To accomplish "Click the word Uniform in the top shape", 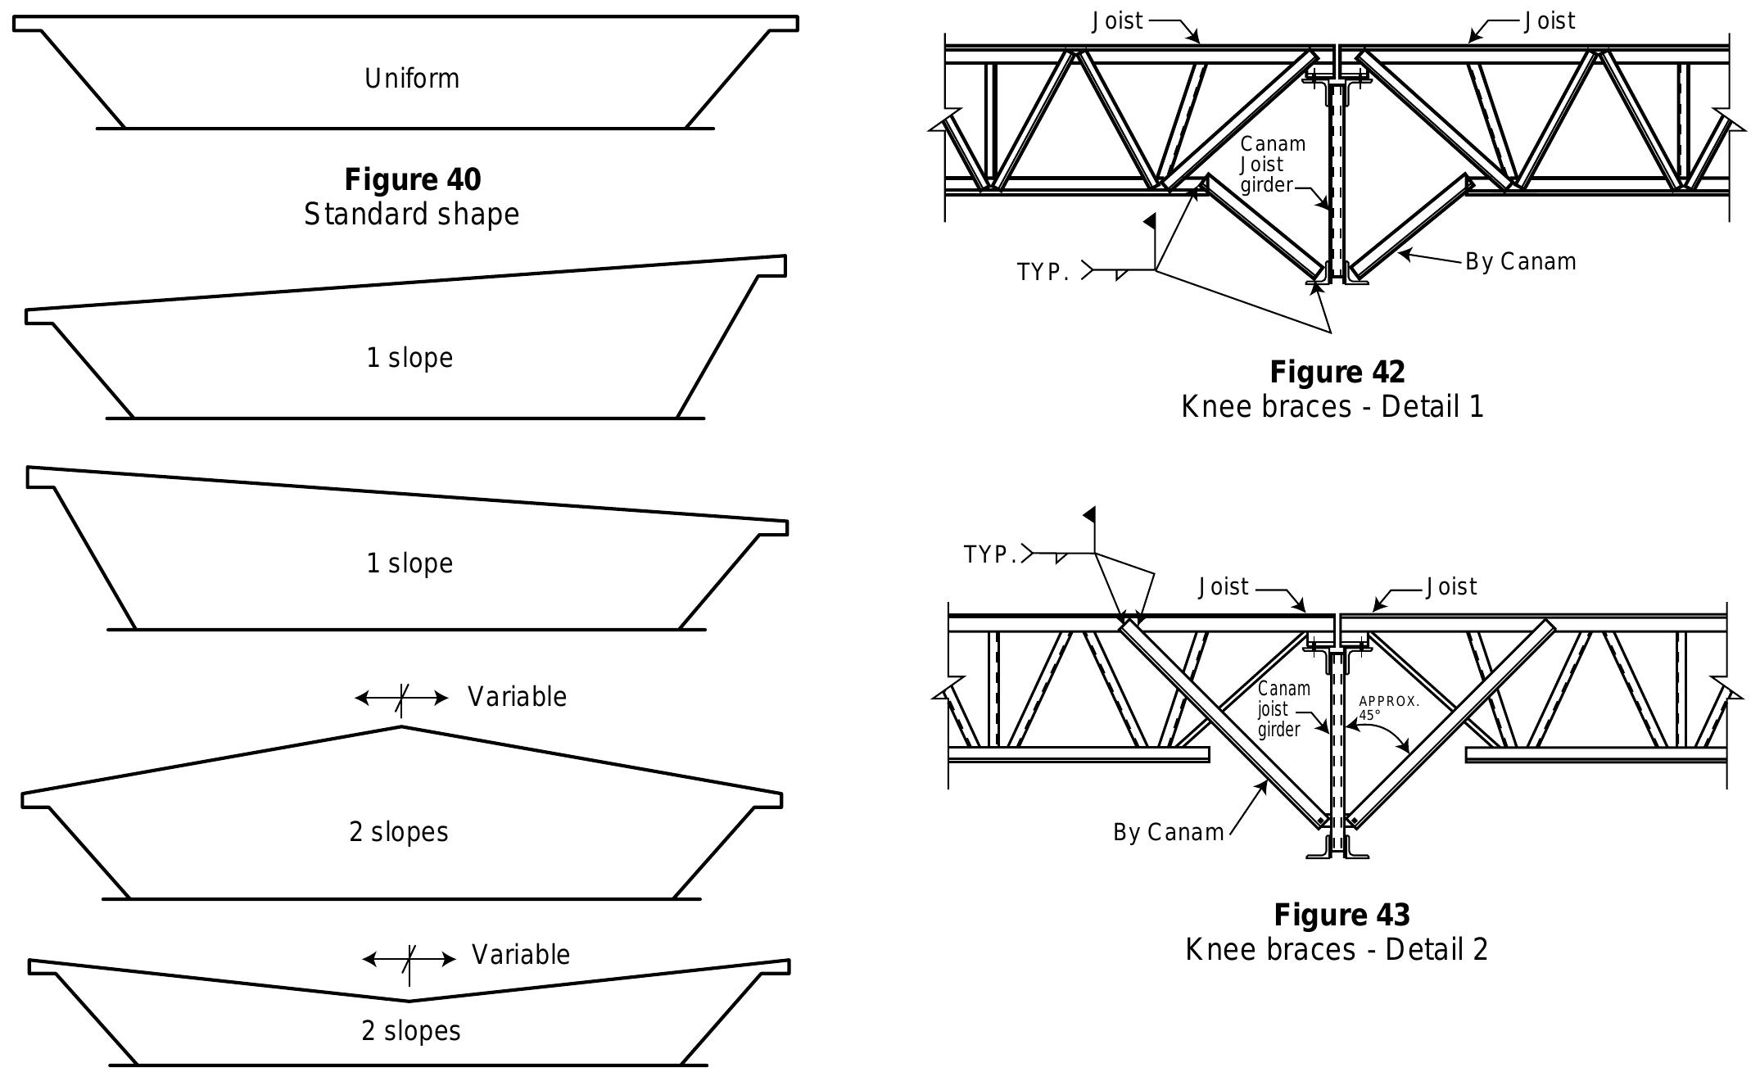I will pyautogui.click(x=412, y=79).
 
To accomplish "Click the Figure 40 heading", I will pyautogui.click(x=412, y=179).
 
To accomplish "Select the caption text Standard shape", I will pyautogui.click(x=412, y=214).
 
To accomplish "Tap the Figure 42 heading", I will pyautogui.click(x=1337, y=372).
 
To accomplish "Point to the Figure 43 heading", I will pyautogui.click(x=1341, y=914).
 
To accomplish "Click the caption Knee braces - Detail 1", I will pyautogui.click(x=1332, y=406).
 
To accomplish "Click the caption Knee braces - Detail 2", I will pyautogui.click(x=1336, y=949).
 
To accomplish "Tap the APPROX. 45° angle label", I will pyautogui.click(x=1388, y=708).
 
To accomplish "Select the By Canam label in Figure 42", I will pyautogui.click(x=1520, y=262).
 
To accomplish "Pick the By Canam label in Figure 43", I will pyautogui.click(x=1168, y=832).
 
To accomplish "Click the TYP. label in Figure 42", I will pyautogui.click(x=1043, y=272).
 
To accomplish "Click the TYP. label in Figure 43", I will pyautogui.click(x=990, y=554).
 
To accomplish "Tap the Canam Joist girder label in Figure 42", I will pyautogui.click(x=1272, y=165).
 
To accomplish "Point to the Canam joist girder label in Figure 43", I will pyautogui.click(x=1283, y=709).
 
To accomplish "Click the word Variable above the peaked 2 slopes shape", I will pyautogui.click(x=517, y=697).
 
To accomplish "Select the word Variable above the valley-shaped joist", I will pyautogui.click(x=521, y=955).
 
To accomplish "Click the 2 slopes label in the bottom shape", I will pyautogui.click(x=410, y=1030).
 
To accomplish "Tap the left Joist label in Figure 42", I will pyautogui.click(x=1117, y=21).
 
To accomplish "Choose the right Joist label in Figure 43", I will pyautogui.click(x=1451, y=587).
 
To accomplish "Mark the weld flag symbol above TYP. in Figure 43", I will pyautogui.click(x=1090, y=516).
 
